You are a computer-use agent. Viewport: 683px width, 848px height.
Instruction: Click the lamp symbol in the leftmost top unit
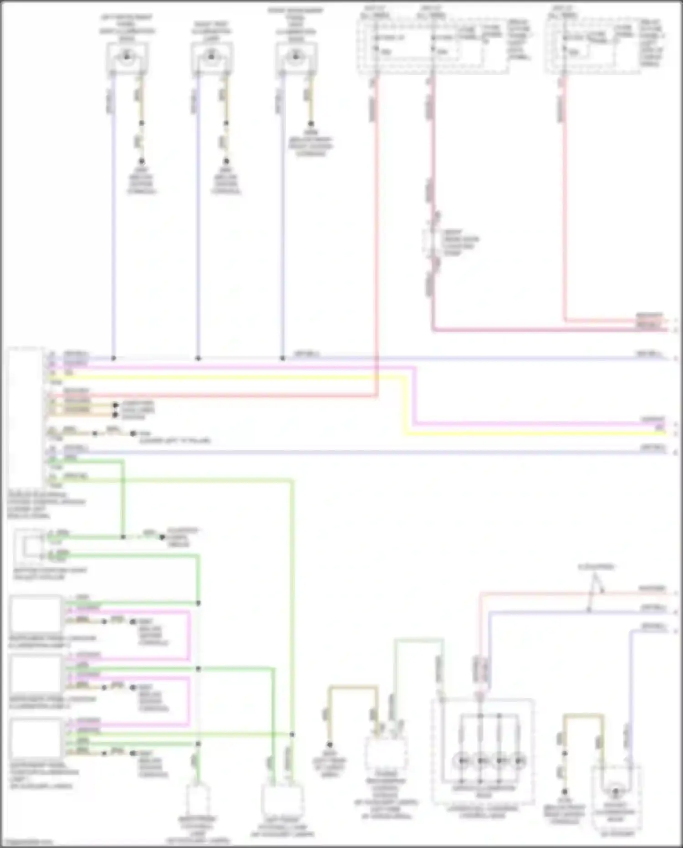(127, 57)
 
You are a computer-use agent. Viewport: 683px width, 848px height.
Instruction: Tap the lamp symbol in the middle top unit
(211, 57)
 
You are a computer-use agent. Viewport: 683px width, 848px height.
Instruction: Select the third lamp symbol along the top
(296, 57)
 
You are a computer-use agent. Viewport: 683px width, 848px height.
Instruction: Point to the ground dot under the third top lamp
(311, 124)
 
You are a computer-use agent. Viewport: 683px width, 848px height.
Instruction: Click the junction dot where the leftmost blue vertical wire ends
(114, 358)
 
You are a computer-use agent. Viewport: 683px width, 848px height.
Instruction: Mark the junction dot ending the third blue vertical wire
(282, 358)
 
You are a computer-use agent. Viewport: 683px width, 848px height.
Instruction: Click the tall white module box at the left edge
(25, 417)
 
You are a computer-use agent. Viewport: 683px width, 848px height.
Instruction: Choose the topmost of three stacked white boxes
(36, 614)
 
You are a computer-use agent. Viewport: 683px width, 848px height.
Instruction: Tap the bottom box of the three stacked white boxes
(36, 737)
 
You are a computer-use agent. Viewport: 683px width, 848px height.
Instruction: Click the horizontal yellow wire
(228, 377)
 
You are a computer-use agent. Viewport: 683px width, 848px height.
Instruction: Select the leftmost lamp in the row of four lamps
(462, 760)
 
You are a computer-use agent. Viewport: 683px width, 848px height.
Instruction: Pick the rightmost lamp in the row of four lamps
(518, 760)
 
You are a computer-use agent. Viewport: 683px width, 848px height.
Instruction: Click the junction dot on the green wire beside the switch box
(123, 537)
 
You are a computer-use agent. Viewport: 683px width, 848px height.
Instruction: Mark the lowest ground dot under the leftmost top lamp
(142, 161)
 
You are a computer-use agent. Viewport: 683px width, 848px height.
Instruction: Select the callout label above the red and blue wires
(596, 567)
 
